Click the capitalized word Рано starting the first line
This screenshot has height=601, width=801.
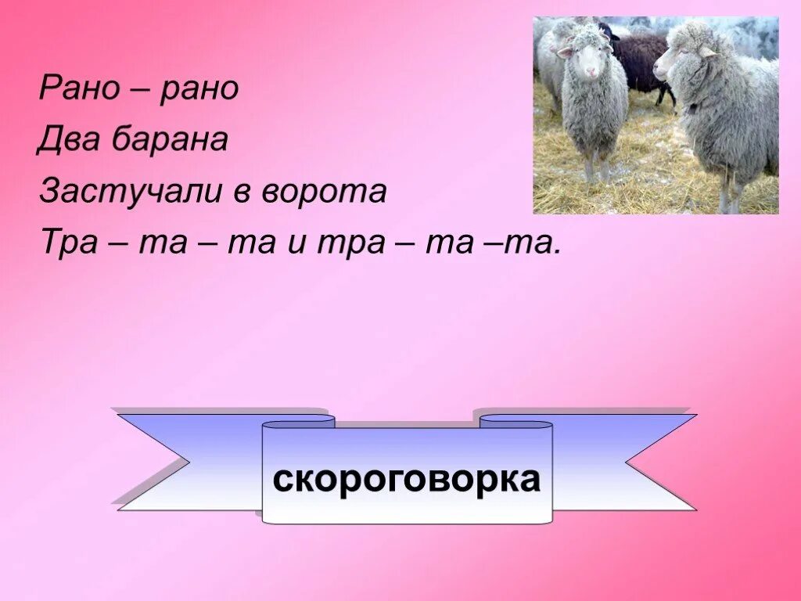point(77,89)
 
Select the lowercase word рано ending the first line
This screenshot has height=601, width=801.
point(199,89)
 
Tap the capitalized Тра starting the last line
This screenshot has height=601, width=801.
point(67,243)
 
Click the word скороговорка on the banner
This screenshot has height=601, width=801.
point(406,478)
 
